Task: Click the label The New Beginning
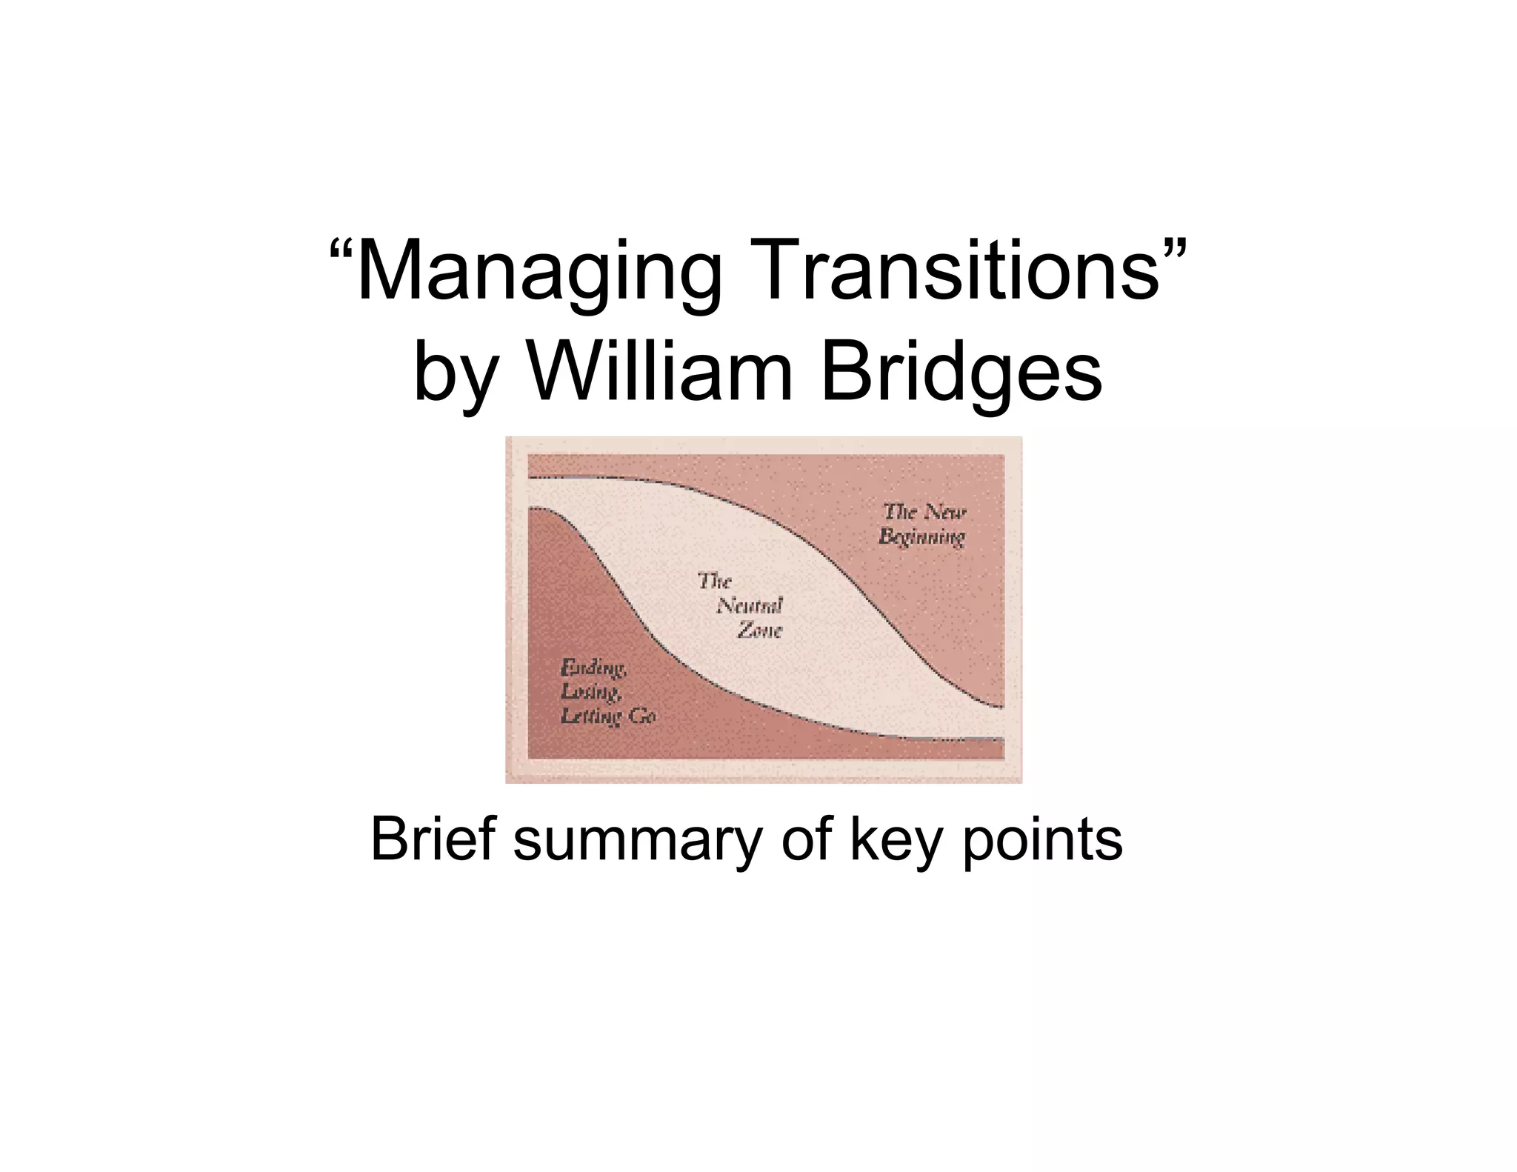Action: click(x=923, y=524)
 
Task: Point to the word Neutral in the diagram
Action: click(x=749, y=606)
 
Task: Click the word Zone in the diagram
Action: click(x=759, y=630)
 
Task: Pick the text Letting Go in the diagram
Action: click(x=608, y=716)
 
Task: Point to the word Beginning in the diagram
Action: click(x=922, y=536)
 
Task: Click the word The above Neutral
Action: click(x=715, y=581)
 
